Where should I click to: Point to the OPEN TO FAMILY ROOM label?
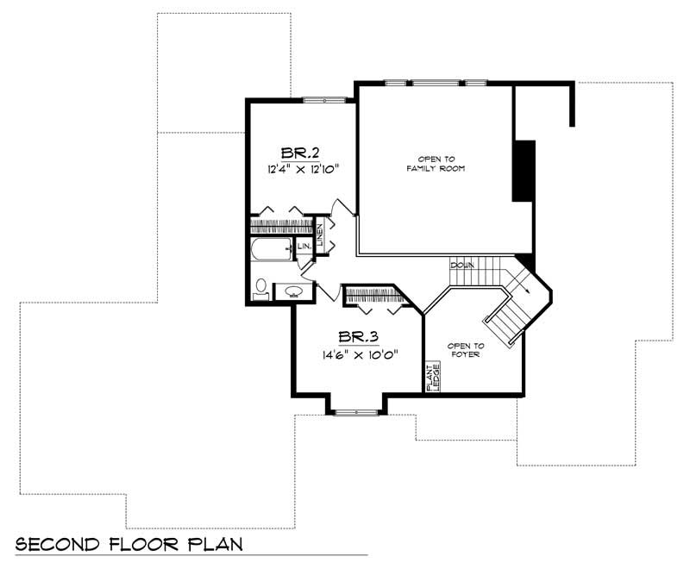click(436, 164)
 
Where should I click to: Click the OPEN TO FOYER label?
click(466, 350)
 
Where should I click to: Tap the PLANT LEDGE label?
click(433, 377)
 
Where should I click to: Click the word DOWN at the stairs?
click(462, 266)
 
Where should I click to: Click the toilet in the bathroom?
click(261, 288)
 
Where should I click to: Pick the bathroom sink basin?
click(293, 291)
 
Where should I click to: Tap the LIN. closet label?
click(304, 247)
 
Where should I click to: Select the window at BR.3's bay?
click(356, 413)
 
